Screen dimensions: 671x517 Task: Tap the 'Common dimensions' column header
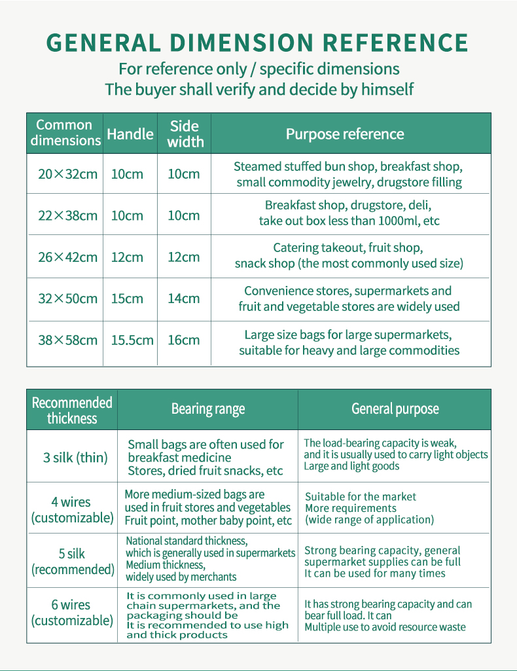(x=65, y=133)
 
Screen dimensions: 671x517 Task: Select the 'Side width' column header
(x=185, y=134)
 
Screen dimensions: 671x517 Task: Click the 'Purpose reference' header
(x=345, y=134)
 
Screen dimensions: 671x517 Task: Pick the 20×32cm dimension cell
(x=67, y=174)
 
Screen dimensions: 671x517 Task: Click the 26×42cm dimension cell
(x=67, y=257)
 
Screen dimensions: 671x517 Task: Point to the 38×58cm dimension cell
(x=67, y=340)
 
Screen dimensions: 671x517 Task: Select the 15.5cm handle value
(x=132, y=340)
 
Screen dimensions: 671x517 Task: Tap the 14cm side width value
(x=184, y=299)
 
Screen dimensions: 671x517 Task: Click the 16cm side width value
(x=184, y=340)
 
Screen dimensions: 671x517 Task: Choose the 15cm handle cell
(x=127, y=299)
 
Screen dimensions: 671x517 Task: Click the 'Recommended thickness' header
(x=72, y=410)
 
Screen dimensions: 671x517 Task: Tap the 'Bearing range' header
(x=207, y=410)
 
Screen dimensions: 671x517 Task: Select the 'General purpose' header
(x=395, y=409)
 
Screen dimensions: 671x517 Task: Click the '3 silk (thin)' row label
(x=75, y=458)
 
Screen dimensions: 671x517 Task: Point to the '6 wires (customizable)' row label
(x=72, y=613)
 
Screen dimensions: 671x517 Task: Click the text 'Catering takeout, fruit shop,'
(x=348, y=248)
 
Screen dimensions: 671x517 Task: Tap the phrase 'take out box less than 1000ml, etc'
(x=349, y=221)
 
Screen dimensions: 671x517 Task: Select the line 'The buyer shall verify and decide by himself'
(x=259, y=90)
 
